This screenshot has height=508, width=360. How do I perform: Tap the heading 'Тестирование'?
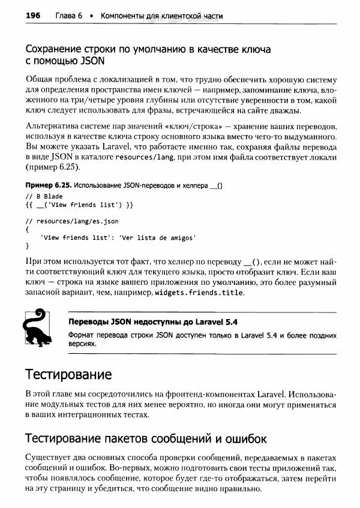pos(68,375)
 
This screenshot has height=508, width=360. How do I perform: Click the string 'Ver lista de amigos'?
pos(158,238)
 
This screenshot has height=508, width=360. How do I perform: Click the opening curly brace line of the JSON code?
pos(28,229)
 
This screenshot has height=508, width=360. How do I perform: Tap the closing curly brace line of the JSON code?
pos(28,246)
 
